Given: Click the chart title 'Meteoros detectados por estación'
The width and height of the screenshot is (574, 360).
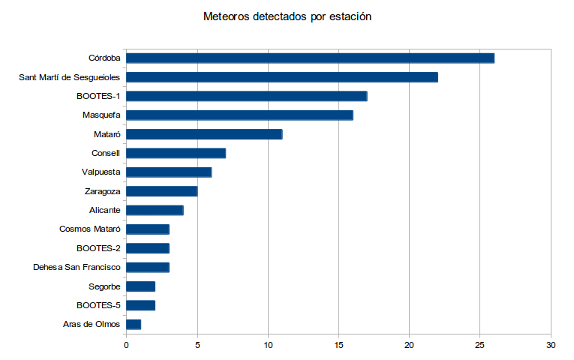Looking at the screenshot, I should pos(287,16).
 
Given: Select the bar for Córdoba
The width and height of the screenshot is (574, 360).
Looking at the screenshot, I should pos(310,58).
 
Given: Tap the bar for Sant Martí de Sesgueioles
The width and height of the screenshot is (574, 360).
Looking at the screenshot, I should pos(281,77).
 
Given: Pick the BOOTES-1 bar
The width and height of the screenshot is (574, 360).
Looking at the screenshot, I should pos(246,96).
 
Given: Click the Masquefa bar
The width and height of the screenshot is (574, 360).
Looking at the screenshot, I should pos(239,115).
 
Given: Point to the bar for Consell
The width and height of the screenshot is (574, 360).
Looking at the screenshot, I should pos(176,153).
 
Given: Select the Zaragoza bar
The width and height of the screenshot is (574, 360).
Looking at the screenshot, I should pos(161,191).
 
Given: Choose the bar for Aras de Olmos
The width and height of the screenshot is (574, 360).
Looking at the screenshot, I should pos(134,324).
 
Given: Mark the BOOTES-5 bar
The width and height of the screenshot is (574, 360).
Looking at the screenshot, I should pos(140,305).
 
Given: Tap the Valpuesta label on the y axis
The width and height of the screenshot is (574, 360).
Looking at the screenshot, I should pos(101,172).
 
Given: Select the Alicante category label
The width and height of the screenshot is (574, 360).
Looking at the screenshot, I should pos(105,210).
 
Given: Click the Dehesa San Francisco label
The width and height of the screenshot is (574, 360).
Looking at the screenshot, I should pos(77,267).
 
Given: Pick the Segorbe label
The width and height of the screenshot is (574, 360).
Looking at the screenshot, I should pos(105,286).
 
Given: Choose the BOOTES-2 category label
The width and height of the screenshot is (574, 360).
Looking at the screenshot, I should pos(98,248).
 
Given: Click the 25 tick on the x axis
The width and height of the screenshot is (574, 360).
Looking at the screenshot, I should pos(480,345).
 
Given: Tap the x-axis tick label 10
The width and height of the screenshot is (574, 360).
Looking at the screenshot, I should pos(268,345).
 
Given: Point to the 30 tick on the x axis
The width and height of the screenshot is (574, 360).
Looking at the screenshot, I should pos(551,345).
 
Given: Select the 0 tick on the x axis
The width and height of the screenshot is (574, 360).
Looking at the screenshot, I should pos(126,345).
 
